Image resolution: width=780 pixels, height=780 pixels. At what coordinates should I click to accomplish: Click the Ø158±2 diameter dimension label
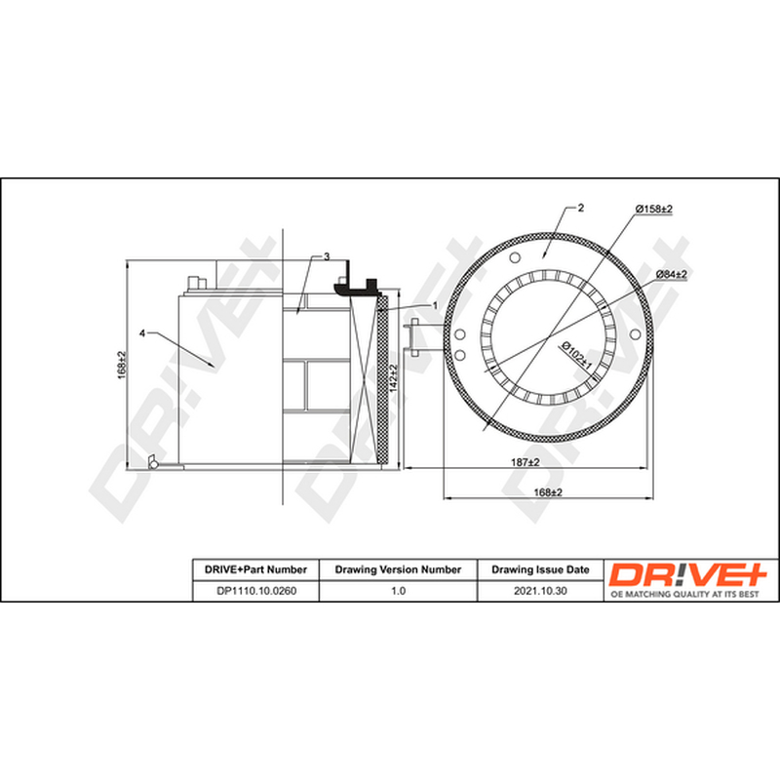point(654,209)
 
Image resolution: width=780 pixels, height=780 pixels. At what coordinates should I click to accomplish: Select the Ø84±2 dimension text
point(672,274)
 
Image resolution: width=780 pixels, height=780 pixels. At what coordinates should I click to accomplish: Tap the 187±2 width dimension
point(526,462)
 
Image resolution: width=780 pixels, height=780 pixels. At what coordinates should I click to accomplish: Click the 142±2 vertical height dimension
point(394,378)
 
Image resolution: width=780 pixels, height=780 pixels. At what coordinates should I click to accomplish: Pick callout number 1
point(435,305)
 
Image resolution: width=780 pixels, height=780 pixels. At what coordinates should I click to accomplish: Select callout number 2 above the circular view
point(580,208)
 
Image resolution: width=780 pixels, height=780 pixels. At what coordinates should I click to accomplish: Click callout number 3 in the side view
point(327,256)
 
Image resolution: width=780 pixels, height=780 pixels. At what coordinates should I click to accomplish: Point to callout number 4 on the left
point(142,333)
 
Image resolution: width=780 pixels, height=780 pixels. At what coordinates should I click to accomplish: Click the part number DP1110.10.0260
point(256,591)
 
